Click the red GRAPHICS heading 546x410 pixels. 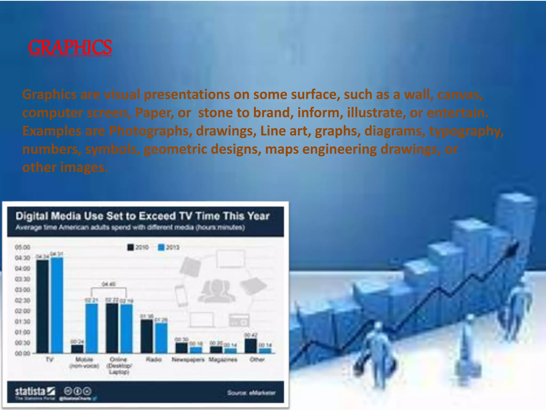70,47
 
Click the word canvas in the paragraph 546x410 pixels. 460,94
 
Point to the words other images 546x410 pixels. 65,167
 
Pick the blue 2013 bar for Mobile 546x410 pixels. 91,328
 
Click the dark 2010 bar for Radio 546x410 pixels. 147,336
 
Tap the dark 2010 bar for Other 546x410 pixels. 251,346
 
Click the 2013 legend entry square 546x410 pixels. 161,247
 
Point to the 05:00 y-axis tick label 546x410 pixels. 22,247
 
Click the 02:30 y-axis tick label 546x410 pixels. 22,301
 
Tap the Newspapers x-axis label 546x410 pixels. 188,360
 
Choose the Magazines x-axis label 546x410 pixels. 223,360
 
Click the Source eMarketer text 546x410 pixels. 251,393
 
